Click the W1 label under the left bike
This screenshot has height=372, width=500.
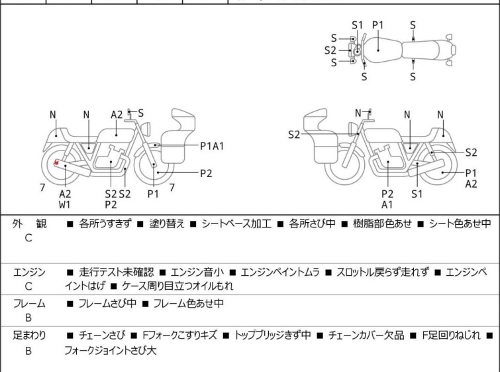point(65,205)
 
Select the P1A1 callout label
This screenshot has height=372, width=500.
point(213,146)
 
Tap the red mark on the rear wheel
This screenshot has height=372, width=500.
point(57,163)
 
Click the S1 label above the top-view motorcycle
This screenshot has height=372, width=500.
point(358,25)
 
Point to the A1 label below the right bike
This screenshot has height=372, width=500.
point(387,205)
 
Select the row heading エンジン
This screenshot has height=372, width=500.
point(29,272)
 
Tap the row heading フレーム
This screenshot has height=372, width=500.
point(29,304)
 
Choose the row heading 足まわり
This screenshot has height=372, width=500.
point(29,336)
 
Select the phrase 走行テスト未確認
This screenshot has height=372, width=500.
point(116,272)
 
